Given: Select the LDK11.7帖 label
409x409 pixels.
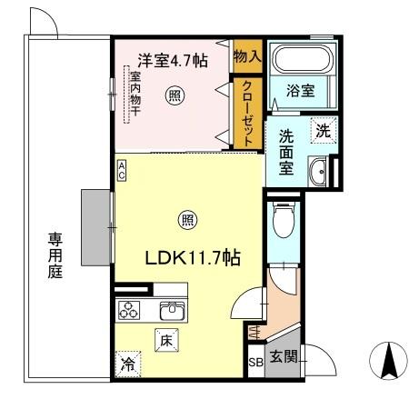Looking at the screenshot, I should point(193,258).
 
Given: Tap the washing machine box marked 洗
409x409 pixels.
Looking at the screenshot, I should point(321,130).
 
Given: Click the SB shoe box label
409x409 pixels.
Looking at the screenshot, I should point(256,362).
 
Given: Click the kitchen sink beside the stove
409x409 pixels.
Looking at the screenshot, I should point(169,310).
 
